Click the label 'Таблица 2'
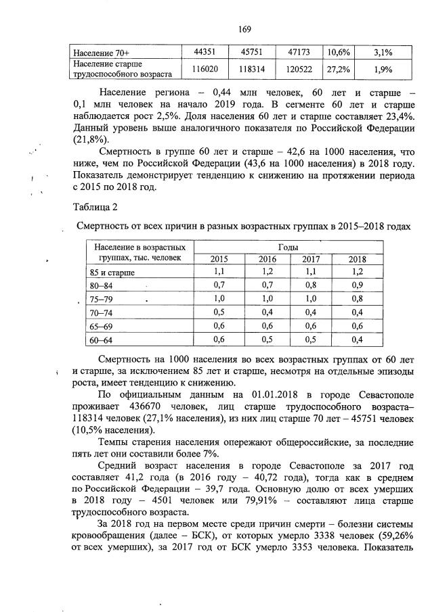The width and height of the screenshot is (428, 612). tap(94, 208)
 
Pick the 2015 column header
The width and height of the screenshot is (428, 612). tap(219, 259)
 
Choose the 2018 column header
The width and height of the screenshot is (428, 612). tap(356, 259)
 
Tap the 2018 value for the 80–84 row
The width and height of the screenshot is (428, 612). tap(356, 285)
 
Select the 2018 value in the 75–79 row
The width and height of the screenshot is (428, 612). tap(356, 298)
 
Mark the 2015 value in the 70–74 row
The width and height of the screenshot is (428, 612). tap(219, 312)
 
